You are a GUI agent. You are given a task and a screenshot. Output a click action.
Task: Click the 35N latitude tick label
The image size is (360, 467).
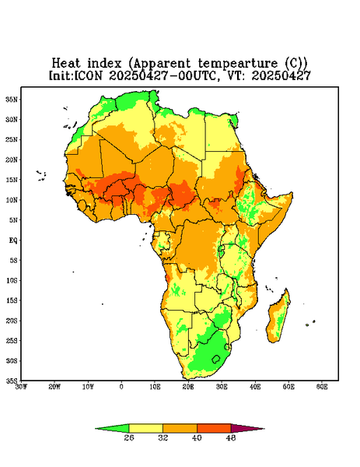12,99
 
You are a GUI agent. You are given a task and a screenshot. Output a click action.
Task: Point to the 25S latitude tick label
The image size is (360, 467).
12,340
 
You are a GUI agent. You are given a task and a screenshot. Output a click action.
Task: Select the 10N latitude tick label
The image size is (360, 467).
12,200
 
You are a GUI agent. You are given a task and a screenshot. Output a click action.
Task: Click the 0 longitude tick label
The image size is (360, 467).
121,387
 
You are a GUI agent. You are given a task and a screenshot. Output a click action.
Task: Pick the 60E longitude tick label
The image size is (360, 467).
322,387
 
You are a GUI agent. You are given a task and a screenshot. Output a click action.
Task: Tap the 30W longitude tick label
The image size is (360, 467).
21,387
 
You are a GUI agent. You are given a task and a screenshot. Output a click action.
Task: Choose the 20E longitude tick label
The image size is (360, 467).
188,387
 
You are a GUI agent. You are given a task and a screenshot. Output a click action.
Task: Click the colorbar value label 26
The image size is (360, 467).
129,437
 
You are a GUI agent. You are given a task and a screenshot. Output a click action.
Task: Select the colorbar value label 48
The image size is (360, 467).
231,437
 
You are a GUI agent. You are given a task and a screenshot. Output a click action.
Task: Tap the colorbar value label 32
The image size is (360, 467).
163,437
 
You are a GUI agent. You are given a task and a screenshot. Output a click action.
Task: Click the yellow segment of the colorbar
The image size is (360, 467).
145,428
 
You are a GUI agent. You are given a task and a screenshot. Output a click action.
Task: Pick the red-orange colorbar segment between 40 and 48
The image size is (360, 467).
214,428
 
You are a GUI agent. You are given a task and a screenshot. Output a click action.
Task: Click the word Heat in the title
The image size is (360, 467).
66,64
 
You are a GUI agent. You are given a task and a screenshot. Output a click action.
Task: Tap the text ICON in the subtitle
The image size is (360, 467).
88,75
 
